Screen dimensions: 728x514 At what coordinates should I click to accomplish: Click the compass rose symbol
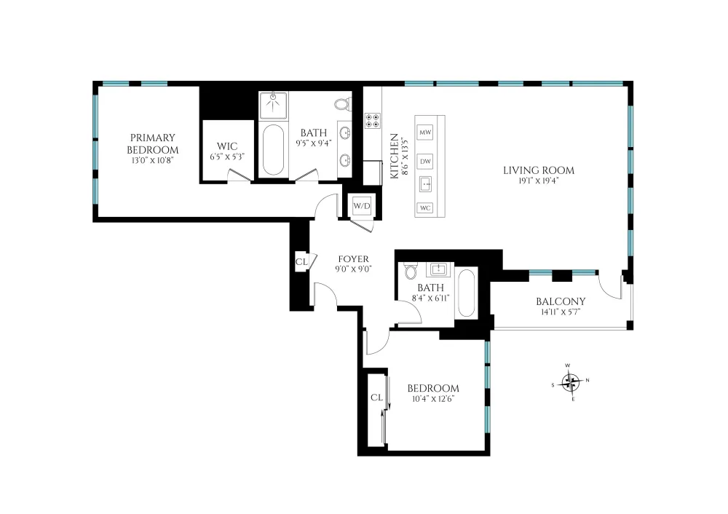(x=570, y=383)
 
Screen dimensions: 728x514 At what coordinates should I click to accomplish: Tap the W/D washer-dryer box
(x=362, y=206)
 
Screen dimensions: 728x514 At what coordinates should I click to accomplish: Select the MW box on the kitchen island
(x=425, y=133)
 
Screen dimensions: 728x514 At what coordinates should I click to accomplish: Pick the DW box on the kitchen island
(x=425, y=162)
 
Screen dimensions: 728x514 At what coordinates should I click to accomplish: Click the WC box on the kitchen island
(x=425, y=207)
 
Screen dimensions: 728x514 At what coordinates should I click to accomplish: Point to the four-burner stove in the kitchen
(x=372, y=121)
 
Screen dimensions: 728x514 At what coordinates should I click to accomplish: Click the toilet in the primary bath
(x=343, y=104)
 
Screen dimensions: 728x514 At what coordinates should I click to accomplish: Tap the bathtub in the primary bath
(x=273, y=149)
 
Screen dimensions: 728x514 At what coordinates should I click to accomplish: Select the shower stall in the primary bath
(x=273, y=106)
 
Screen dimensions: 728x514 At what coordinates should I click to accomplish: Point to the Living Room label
(x=539, y=170)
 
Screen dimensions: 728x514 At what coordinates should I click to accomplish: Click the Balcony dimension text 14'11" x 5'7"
(x=561, y=312)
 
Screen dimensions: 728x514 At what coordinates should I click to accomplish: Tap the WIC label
(x=227, y=146)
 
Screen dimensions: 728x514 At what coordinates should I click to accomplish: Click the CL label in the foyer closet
(x=301, y=262)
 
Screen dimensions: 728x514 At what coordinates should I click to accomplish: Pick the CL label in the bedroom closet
(x=376, y=398)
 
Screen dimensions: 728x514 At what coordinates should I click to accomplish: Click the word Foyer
(x=353, y=259)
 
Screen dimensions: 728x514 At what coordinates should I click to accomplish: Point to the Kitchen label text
(x=394, y=156)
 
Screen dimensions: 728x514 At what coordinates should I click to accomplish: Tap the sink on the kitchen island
(x=425, y=184)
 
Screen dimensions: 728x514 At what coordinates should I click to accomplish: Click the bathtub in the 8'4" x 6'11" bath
(x=466, y=293)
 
